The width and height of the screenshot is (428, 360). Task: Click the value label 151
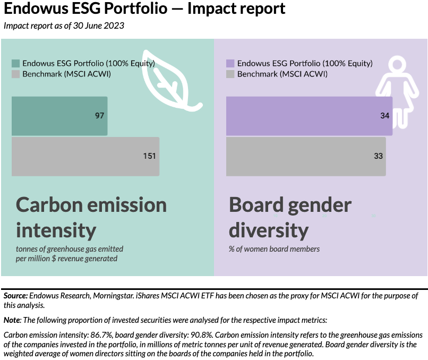(149, 156)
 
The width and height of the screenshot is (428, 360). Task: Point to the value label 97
(99, 116)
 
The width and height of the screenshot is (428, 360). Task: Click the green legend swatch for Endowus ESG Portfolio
(15, 63)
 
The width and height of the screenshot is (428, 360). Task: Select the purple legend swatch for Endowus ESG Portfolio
(230, 63)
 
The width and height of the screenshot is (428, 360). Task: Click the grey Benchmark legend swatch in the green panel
(15, 74)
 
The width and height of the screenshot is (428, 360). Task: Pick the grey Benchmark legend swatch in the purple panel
(230, 74)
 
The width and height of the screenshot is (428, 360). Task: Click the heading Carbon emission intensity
(91, 217)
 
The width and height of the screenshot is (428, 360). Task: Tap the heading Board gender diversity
(290, 217)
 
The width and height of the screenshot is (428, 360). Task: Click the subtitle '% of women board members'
(274, 248)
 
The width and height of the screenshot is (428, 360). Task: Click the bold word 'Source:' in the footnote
(15, 295)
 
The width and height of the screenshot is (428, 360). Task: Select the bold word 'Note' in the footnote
(11, 320)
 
